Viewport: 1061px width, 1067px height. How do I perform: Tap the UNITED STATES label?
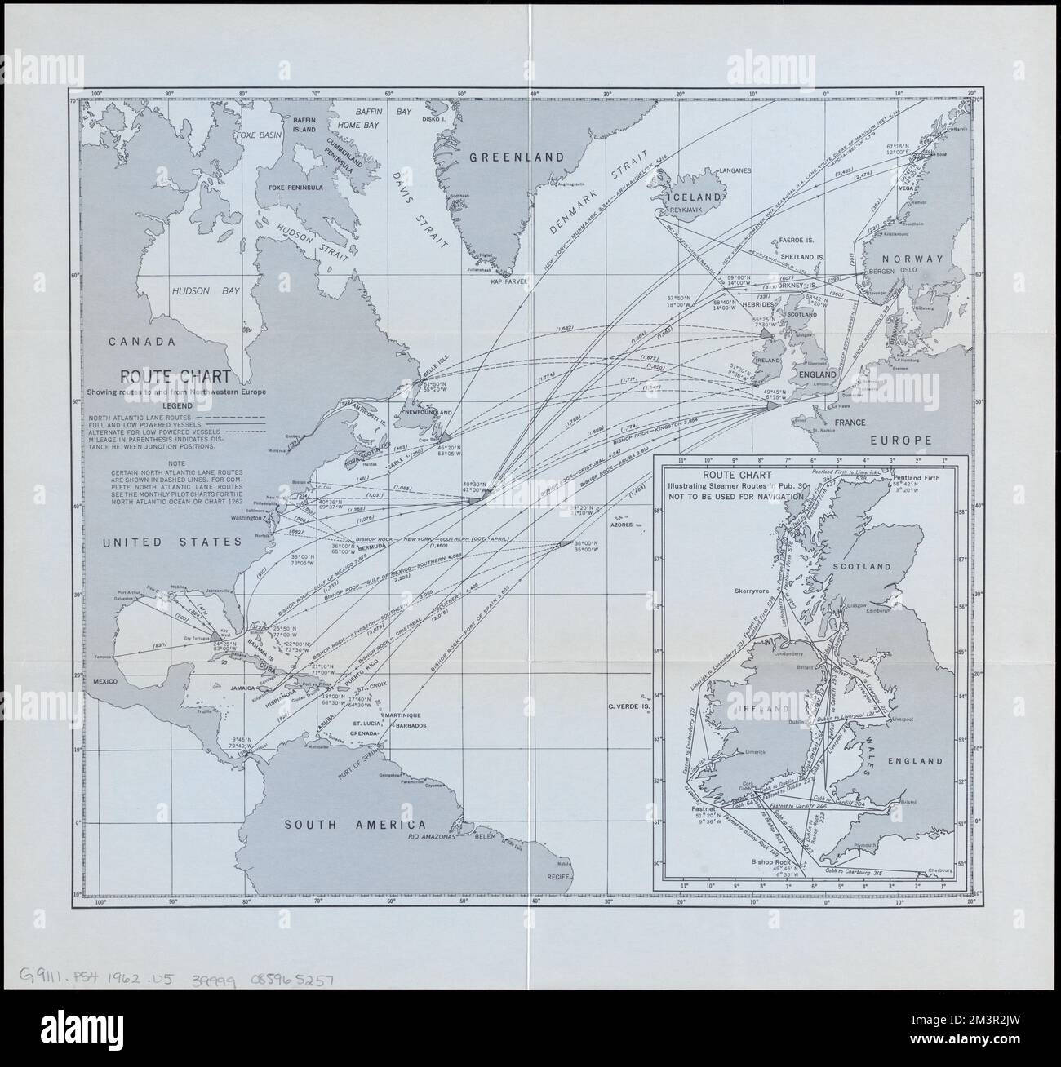[x=171, y=542]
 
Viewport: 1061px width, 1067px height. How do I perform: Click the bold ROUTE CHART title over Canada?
[x=175, y=377]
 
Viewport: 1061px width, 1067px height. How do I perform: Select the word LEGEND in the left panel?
[x=176, y=405]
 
